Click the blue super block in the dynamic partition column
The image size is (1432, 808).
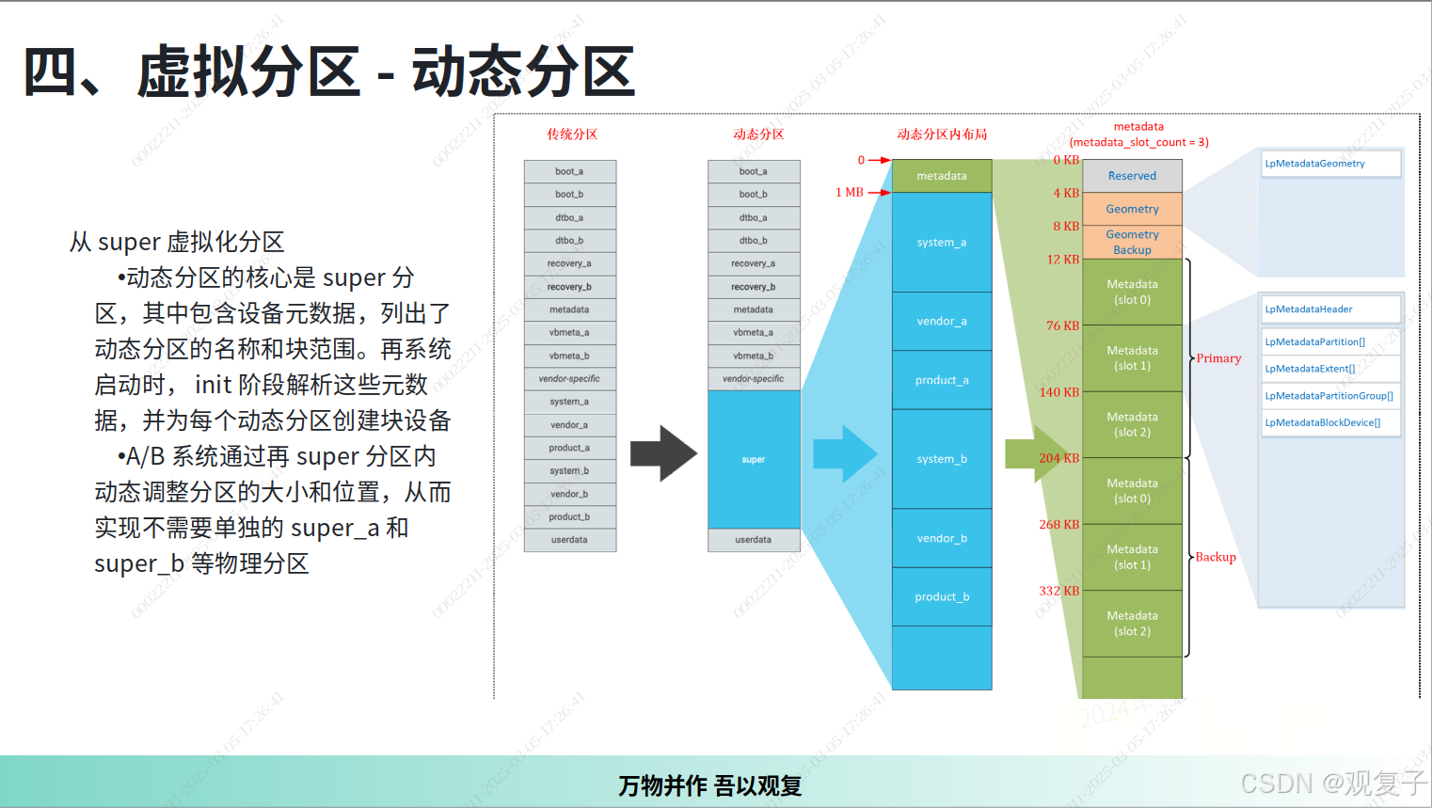(754, 459)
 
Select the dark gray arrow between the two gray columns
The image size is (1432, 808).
(663, 453)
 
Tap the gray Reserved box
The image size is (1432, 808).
(1132, 176)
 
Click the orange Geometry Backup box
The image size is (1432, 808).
(1132, 242)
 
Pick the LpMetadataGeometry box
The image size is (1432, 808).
(1329, 164)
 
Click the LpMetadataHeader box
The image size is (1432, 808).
(1329, 309)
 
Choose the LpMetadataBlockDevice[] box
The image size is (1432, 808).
(1329, 423)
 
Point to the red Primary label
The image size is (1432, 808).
(1218, 358)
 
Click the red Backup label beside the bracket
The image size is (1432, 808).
(1216, 557)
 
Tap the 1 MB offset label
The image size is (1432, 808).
(850, 193)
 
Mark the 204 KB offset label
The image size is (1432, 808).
(1058, 458)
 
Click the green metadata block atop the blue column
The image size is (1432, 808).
(942, 176)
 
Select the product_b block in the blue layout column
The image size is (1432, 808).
(942, 597)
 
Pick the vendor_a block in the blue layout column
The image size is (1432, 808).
(942, 322)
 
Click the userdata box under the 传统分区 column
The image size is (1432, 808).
(570, 540)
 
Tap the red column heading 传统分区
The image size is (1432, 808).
(572, 135)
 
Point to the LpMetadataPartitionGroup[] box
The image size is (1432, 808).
(1329, 396)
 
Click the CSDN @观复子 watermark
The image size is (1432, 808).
(1333, 783)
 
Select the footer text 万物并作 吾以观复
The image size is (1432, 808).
(710, 785)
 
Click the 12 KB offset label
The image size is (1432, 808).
(1063, 260)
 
